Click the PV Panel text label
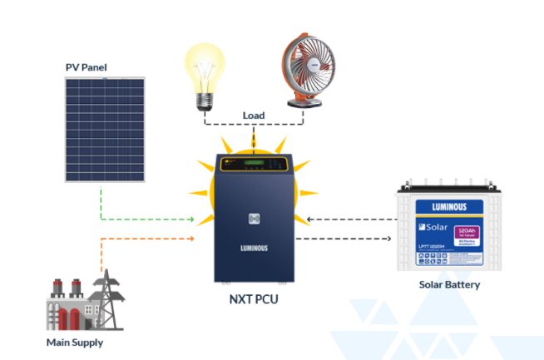click(x=87, y=66)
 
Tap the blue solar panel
click(x=106, y=129)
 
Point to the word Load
click(x=254, y=115)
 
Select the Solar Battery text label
click(x=449, y=284)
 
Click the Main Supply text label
click(x=75, y=342)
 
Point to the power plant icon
click(x=84, y=300)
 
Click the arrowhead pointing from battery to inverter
click(x=309, y=220)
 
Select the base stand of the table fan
click(x=305, y=102)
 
